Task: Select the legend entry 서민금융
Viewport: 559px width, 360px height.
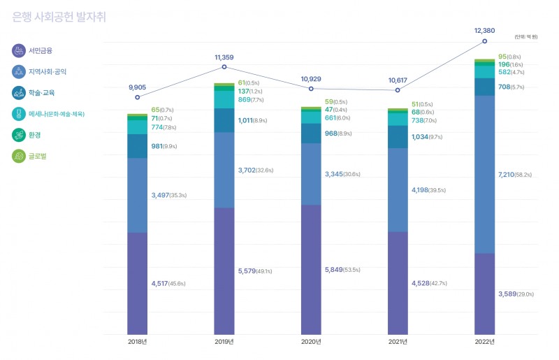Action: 41,50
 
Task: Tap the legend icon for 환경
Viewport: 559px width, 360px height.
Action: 19,135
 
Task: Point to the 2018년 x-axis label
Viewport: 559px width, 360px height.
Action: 137,342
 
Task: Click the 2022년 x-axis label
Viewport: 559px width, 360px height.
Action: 484,342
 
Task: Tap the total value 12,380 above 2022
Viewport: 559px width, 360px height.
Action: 484,31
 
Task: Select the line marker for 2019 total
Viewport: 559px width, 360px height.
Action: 224,67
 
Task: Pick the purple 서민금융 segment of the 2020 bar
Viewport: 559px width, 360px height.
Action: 311,269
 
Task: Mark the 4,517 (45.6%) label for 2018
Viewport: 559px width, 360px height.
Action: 168,284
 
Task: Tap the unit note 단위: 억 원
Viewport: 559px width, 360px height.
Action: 526,36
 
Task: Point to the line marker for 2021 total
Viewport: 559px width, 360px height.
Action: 398,90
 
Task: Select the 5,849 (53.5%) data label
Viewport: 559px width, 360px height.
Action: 342,270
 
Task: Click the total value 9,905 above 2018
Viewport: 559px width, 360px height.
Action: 138,87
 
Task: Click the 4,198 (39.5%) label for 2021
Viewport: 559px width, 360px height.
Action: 428,190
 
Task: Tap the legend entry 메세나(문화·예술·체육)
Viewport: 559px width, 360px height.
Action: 56,114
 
